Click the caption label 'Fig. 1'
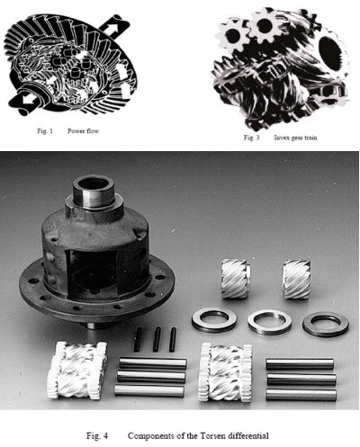[x=45, y=131]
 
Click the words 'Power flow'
[x=83, y=131]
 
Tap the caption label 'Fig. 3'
[x=251, y=138]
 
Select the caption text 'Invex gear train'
[x=295, y=138]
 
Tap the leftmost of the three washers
[x=214, y=320]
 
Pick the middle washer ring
[x=270, y=322]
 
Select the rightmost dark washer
[x=326, y=325]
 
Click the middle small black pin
[x=157, y=339]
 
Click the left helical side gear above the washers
[x=235, y=279]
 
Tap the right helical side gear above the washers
[x=297, y=280]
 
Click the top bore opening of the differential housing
[x=94, y=183]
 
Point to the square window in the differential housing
[x=92, y=273]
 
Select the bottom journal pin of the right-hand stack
[x=301, y=395]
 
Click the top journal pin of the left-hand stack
[x=153, y=362]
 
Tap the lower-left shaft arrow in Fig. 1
[x=25, y=102]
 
